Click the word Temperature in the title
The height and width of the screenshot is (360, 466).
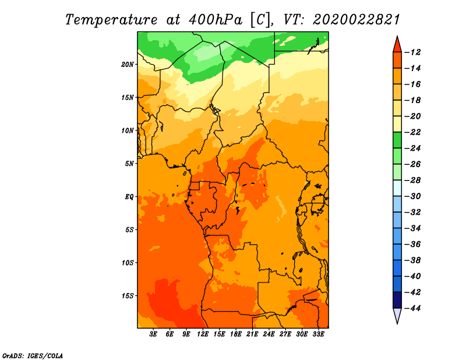(x=111, y=20)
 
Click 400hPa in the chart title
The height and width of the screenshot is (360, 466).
(x=215, y=20)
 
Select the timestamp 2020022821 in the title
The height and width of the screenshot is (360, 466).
(x=356, y=20)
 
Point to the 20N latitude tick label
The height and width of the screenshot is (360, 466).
(x=128, y=65)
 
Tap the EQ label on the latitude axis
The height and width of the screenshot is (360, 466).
(x=129, y=197)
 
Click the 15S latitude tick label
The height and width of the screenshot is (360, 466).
(x=128, y=296)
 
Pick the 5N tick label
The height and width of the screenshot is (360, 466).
(x=129, y=164)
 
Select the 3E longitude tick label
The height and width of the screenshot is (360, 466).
(x=153, y=334)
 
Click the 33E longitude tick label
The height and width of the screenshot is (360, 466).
(x=318, y=334)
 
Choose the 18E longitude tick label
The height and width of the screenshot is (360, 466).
(x=236, y=334)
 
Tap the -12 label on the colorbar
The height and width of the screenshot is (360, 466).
(x=413, y=52)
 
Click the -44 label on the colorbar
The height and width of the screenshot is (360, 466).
(x=413, y=308)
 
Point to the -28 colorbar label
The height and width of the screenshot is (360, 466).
(x=413, y=181)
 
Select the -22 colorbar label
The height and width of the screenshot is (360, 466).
(x=413, y=132)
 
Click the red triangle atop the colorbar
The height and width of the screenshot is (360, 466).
(x=397, y=45)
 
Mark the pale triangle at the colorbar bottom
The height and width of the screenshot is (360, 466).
(x=397, y=315)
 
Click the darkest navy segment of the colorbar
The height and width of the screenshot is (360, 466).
(x=397, y=300)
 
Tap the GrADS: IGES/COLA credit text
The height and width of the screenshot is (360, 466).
(x=33, y=355)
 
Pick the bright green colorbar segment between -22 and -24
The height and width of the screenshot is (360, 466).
(x=397, y=140)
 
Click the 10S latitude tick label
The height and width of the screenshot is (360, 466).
(x=128, y=263)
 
